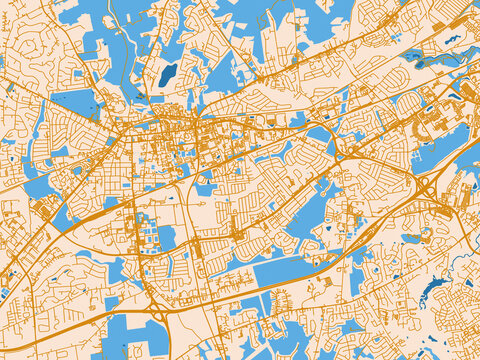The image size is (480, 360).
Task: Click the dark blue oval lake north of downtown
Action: tap(167, 74)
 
